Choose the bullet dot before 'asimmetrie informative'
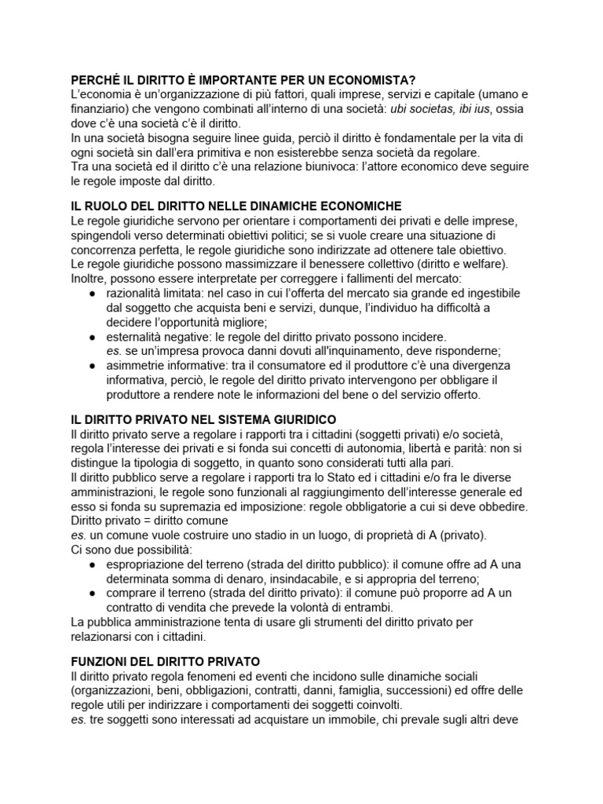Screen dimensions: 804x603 tap(93, 365)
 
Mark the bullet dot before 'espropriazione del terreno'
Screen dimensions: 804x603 tap(93, 565)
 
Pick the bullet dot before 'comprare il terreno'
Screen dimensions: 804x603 tap(93, 593)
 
